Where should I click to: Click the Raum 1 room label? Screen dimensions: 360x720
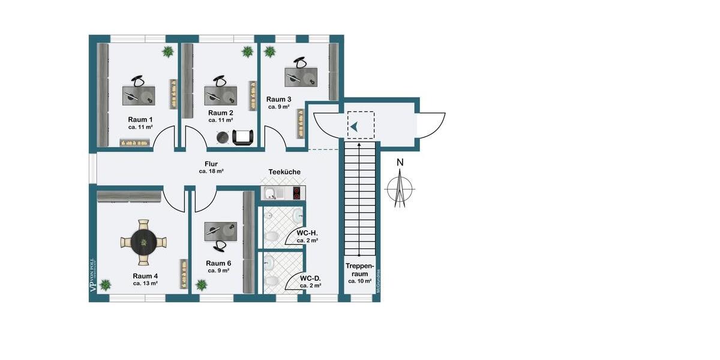(x=140, y=119)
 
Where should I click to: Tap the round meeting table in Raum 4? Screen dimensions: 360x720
(x=143, y=242)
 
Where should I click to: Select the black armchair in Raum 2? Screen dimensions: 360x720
(x=242, y=137)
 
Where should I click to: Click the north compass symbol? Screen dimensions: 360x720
(x=400, y=187)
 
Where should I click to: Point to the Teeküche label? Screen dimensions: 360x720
(x=284, y=172)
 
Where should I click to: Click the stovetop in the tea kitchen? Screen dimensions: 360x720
(x=296, y=193)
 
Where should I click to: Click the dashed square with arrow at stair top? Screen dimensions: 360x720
(x=360, y=127)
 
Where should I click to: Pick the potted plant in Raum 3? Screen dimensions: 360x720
(x=270, y=52)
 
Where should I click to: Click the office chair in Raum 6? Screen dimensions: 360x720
(x=221, y=245)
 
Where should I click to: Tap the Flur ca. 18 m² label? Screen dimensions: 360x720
(x=211, y=167)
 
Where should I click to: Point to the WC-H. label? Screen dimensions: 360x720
(x=307, y=233)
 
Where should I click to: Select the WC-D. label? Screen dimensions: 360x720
(x=310, y=278)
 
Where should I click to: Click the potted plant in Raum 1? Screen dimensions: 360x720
(x=167, y=52)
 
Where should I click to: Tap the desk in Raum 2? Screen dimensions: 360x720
(x=220, y=96)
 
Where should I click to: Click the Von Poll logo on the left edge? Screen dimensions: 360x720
(x=92, y=275)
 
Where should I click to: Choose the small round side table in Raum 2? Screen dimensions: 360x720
(x=223, y=137)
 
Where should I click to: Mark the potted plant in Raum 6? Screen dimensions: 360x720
(x=201, y=284)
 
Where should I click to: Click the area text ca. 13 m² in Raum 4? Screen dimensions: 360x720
(x=145, y=283)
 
